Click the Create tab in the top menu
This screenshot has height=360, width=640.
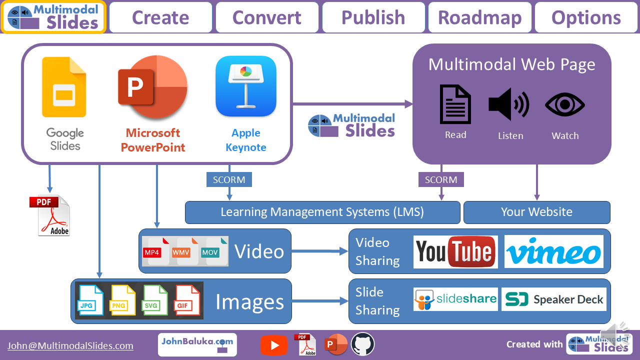[x=160, y=17]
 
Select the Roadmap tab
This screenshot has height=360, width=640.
[x=480, y=17]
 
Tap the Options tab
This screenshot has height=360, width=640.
[x=586, y=17]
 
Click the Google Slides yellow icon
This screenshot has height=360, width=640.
[x=64, y=87]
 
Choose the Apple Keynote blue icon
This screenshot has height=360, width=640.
[x=245, y=86]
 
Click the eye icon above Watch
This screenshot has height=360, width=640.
[x=564, y=105]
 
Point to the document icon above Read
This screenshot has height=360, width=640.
[x=455, y=104]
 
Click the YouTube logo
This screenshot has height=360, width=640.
[x=455, y=251]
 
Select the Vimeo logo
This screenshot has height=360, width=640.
[x=553, y=251]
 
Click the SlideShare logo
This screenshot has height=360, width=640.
[x=455, y=299]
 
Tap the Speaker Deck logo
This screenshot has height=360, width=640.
[x=553, y=299]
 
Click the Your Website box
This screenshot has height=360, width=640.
[x=536, y=212]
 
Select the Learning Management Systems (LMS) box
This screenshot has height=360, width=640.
[x=322, y=212]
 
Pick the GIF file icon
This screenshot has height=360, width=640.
[x=187, y=300]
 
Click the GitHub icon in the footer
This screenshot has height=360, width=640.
[x=362, y=344]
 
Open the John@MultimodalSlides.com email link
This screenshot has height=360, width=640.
[x=70, y=345]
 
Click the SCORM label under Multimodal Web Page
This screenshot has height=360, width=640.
[x=440, y=179]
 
